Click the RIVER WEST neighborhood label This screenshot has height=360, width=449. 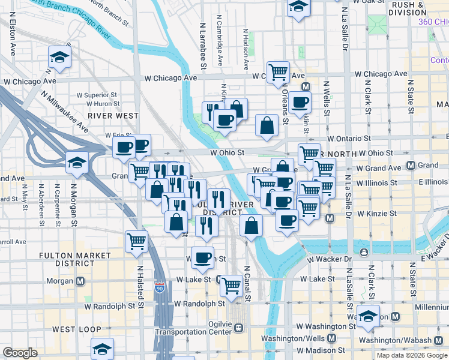tap(113, 115)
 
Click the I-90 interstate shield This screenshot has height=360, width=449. tap(160, 287)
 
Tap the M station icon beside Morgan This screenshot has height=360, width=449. tap(80, 281)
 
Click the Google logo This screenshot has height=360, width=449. tap(20, 353)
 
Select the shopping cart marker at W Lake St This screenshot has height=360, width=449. tap(231, 286)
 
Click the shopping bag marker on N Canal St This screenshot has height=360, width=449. tap(251, 226)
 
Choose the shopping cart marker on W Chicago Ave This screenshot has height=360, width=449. tap(278, 72)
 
